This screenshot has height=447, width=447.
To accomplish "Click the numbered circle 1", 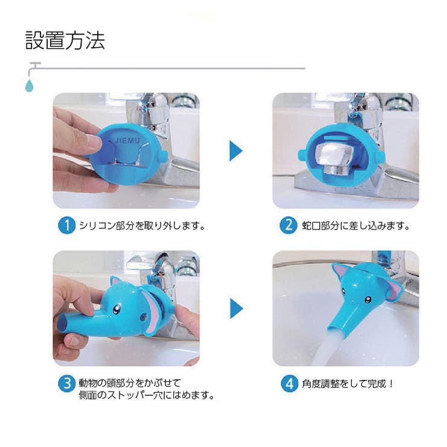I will pyautogui.click(x=66, y=226).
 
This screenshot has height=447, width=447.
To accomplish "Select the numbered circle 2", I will pyautogui.click(x=288, y=226).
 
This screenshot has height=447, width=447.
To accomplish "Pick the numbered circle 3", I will pyautogui.click(x=66, y=384).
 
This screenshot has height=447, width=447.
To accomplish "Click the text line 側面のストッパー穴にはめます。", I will pyautogui.click(x=147, y=396).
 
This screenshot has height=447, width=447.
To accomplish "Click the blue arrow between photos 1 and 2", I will pyautogui.click(x=236, y=150).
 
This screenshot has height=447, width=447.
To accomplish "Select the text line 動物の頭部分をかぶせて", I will pyautogui.click(x=130, y=383).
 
